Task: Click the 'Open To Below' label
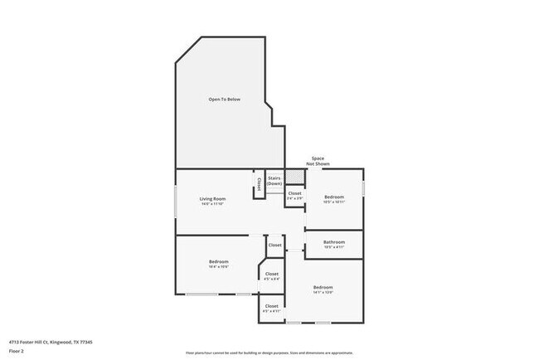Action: coord(224,100)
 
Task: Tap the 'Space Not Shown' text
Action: coord(317,161)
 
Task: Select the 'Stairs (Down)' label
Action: coord(274,180)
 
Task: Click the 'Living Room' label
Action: coord(212,198)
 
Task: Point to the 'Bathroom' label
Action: coord(334,242)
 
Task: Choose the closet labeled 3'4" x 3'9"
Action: coord(295,196)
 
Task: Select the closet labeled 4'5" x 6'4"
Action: coord(272,276)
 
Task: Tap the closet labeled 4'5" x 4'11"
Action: coord(272,308)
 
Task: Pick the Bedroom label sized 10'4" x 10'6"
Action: coord(218,264)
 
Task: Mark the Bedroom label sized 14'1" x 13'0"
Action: coord(323,288)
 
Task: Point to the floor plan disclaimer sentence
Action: coord(269,353)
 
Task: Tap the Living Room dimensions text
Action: coord(212,203)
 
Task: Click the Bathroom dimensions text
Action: coord(334,247)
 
